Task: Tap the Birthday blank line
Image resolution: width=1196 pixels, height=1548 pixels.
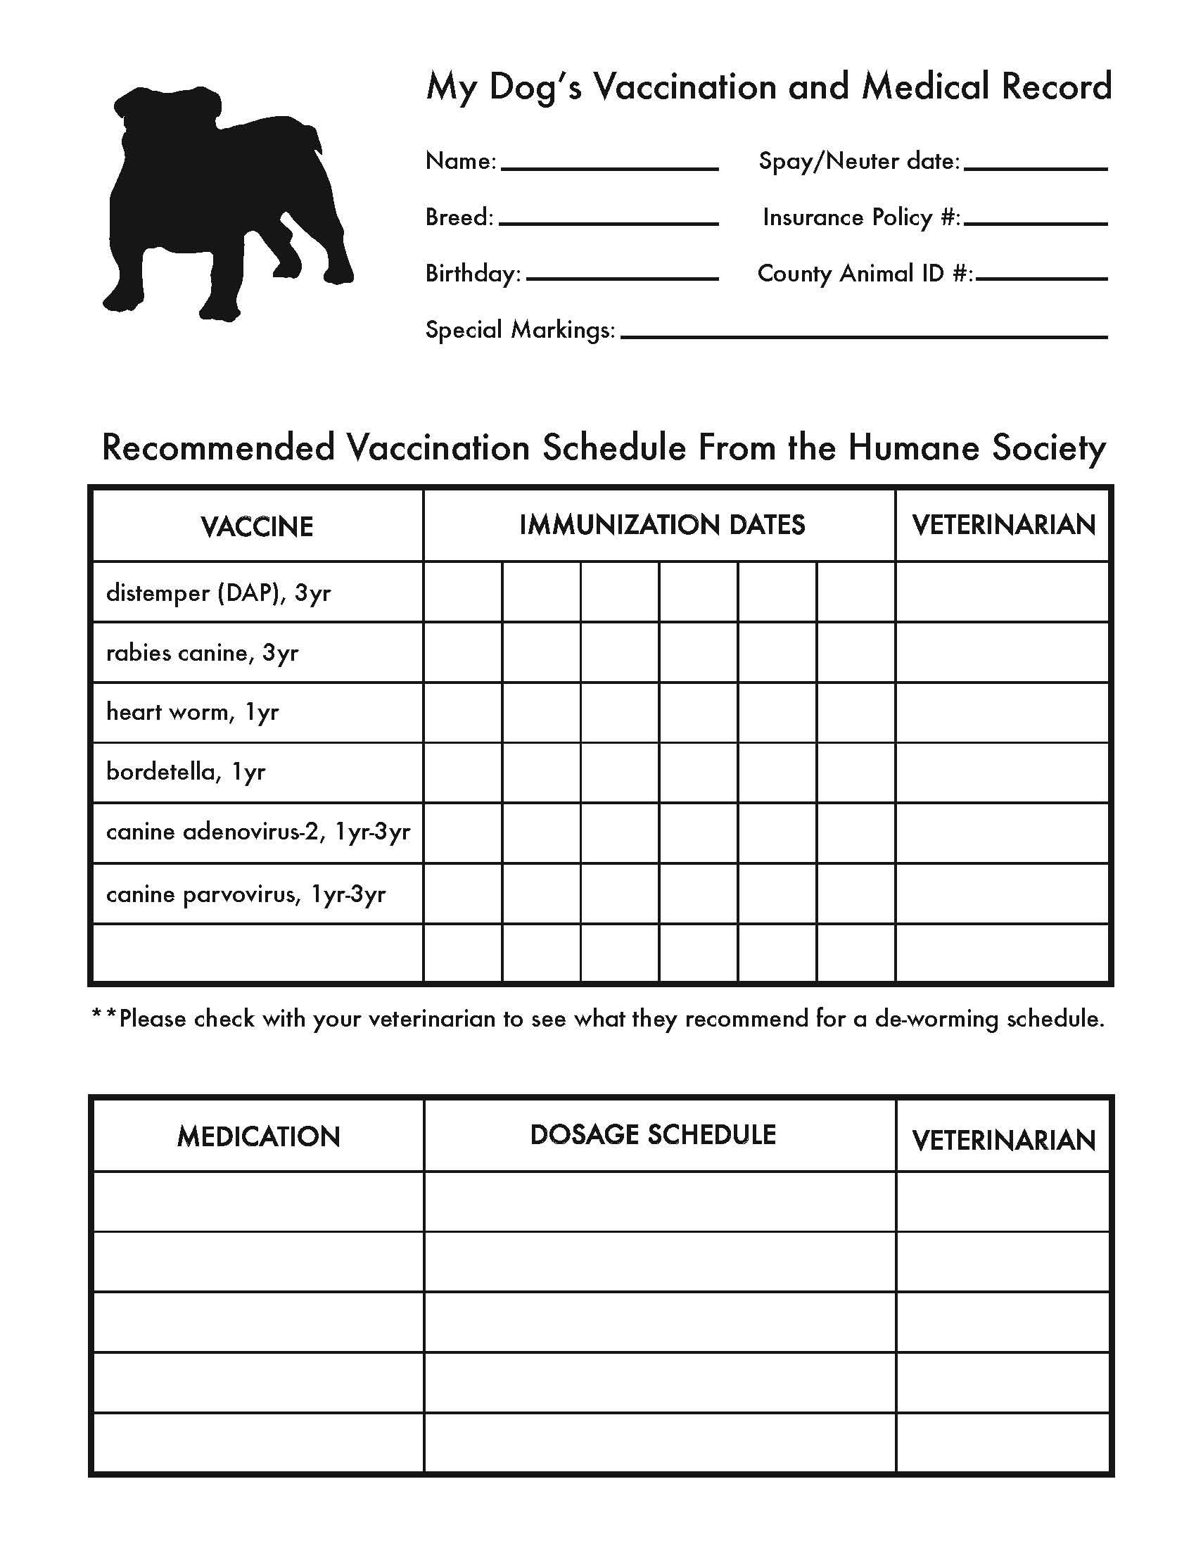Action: [622, 278]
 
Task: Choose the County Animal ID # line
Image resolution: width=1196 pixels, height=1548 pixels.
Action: [1041, 278]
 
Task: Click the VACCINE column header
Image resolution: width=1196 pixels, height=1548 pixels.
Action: [257, 526]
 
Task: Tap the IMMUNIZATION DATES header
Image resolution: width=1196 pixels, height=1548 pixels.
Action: [662, 525]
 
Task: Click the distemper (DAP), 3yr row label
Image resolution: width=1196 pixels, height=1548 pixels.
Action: [218, 592]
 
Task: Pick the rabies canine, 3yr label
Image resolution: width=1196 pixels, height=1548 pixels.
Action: [202, 652]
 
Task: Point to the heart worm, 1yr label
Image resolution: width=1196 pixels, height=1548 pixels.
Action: [192, 711]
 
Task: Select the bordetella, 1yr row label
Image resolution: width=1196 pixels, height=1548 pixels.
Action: [186, 771]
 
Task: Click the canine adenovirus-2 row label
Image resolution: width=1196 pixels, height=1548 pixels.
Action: [258, 832]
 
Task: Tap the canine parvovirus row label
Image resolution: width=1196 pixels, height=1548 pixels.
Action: [246, 894]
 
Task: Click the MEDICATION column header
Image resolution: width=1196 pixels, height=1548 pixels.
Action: [259, 1137]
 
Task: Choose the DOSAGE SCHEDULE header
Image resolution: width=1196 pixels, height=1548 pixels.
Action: [653, 1135]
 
